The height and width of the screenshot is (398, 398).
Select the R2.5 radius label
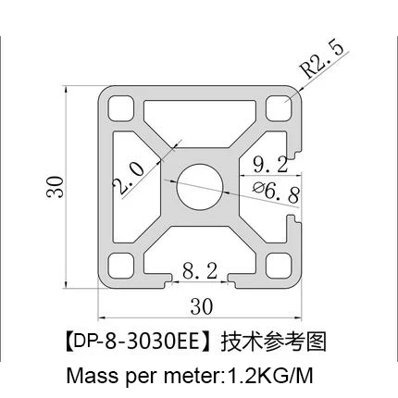click(323, 57)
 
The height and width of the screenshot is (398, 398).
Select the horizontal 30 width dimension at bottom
click(200, 306)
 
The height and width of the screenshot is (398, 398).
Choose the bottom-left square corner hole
click(121, 266)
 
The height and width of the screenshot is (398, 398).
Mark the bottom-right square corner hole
click(276, 266)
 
